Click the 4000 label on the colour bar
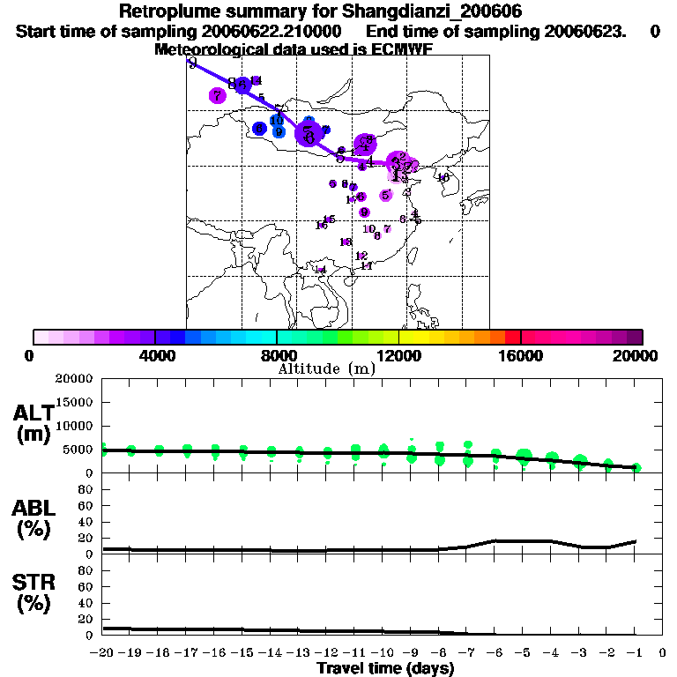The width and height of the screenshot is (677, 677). coord(155,355)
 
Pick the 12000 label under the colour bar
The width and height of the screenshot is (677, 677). coord(398,355)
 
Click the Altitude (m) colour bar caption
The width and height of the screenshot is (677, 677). coord(327,368)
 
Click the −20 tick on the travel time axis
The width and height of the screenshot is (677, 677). coord(103,652)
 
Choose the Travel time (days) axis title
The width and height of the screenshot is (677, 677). coord(385,668)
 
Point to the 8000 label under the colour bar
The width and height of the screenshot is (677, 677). coord(277,355)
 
